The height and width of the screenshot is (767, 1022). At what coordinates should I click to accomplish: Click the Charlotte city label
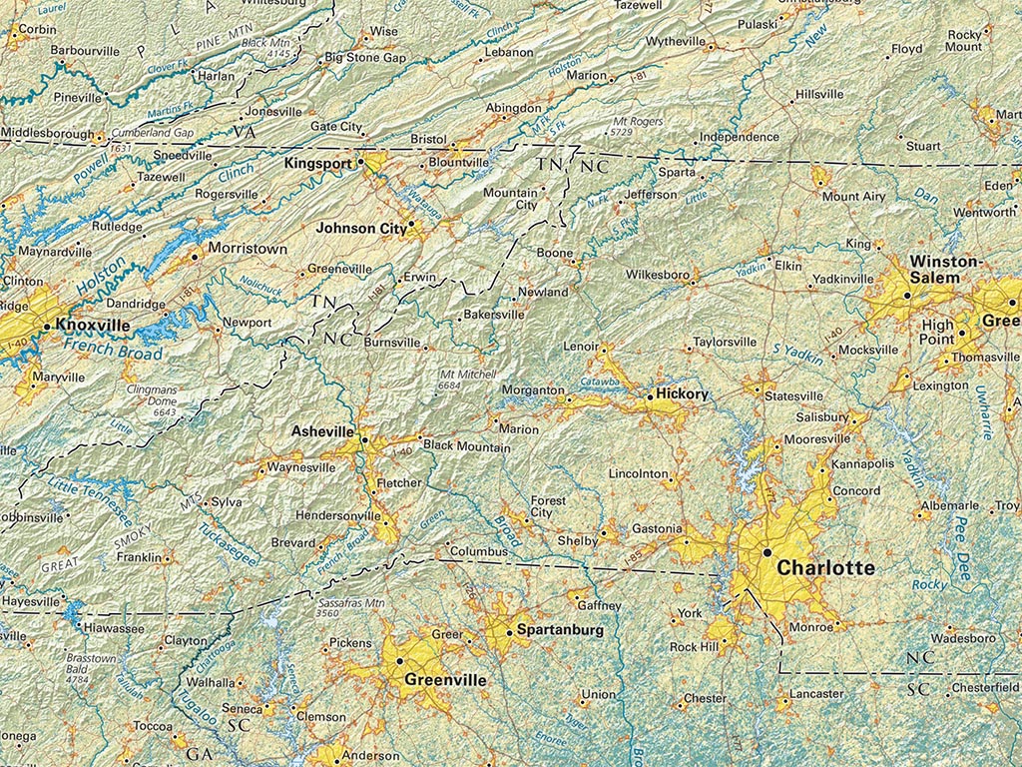(825, 568)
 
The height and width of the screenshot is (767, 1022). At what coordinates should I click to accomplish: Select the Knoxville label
(93, 325)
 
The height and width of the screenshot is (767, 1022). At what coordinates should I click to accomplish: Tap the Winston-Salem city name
(946, 270)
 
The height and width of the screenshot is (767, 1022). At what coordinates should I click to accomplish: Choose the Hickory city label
(682, 394)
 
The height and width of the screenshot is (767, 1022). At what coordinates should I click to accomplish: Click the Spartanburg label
(559, 630)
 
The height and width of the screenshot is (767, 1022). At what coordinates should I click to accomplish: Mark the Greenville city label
(445, 680)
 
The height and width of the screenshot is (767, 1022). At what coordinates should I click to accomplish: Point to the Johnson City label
(360, 228)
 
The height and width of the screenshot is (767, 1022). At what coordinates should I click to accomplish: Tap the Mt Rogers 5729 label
(638, 126)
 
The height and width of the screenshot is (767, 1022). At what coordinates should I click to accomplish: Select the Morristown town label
(247, 248)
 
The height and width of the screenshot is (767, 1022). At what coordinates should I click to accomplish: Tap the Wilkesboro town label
(658, 274)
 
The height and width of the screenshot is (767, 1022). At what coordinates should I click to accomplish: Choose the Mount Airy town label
(853, 197)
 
